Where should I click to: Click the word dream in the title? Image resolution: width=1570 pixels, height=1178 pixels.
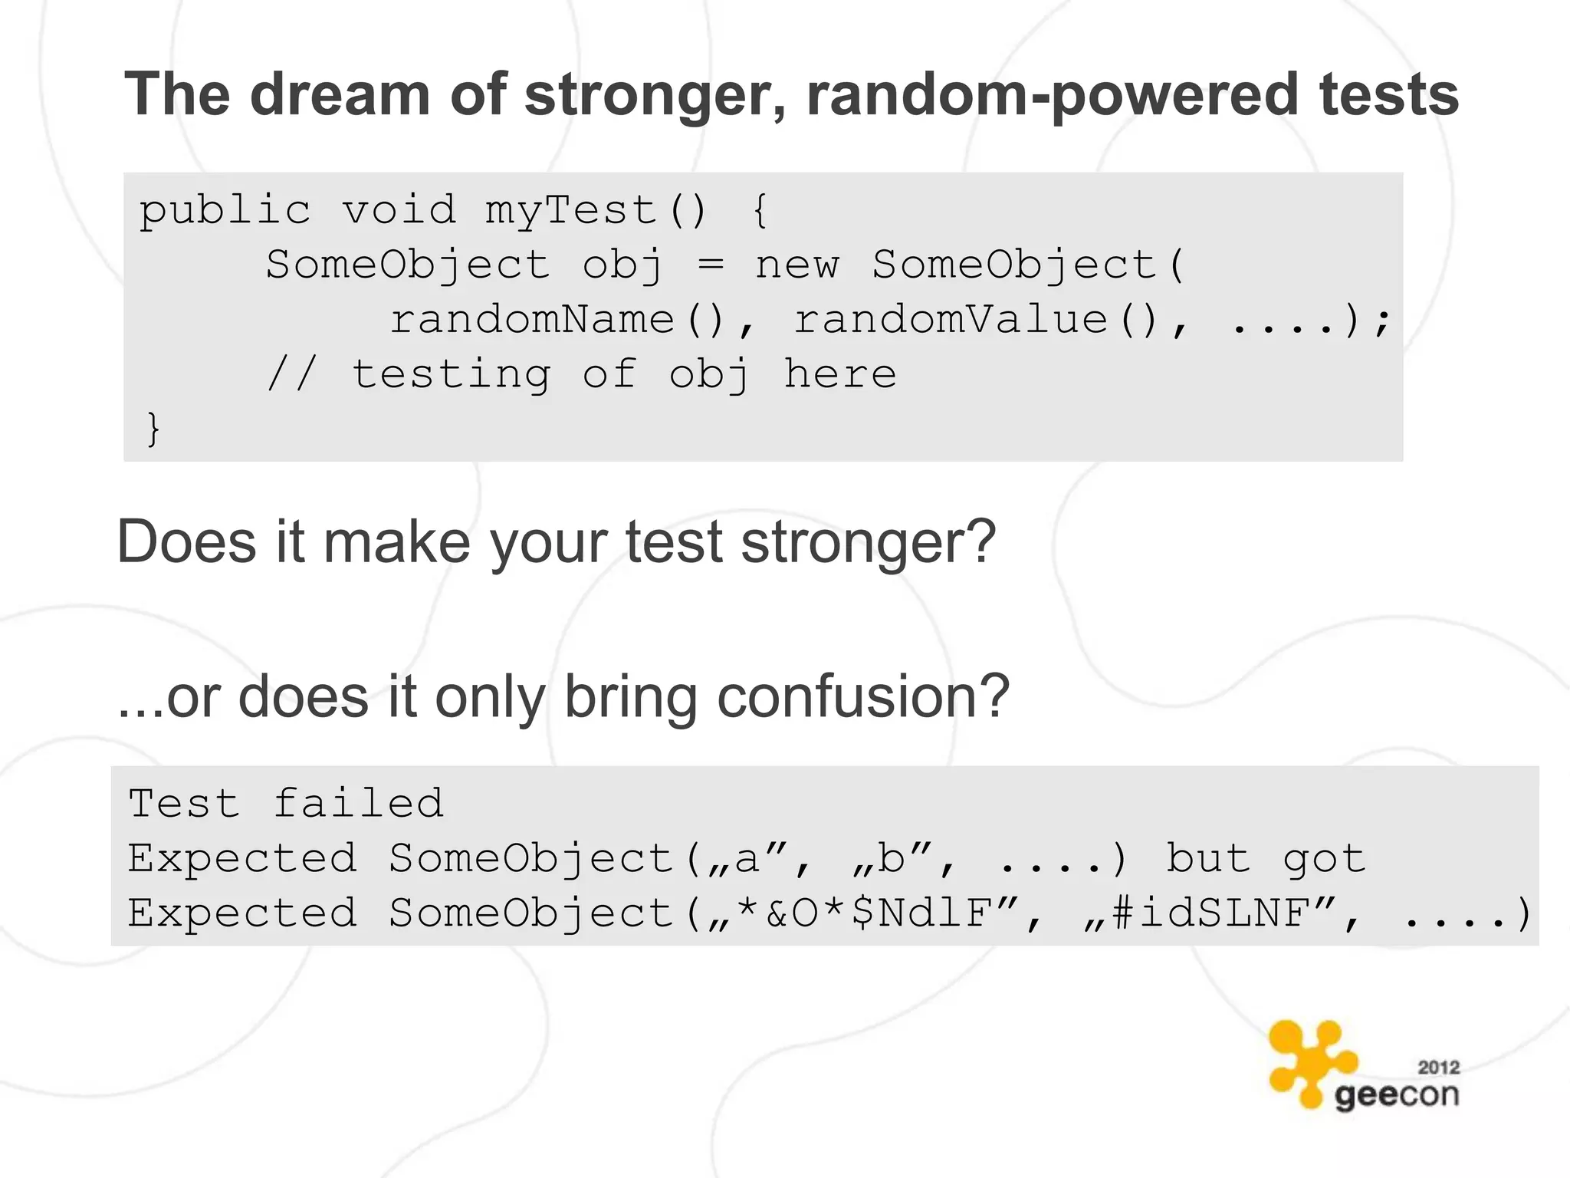click(x=340, y=94)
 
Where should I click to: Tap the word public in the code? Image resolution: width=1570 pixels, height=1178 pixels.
click(x=225, y=211)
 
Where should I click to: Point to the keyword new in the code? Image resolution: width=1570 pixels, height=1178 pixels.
click(x=797, y=265)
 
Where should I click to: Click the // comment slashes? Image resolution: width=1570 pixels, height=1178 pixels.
click(x=291, y=374)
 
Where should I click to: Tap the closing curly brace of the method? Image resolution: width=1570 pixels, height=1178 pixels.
click(x=153, y=428)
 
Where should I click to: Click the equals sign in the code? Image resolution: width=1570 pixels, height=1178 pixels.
click(x=711, y=265)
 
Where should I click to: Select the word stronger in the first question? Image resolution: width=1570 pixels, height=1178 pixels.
click(x=868, y=542)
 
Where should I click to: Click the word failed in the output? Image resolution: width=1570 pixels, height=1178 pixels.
click(x=358, y=804)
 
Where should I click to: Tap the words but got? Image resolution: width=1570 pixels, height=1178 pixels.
click(x=1265, y=858)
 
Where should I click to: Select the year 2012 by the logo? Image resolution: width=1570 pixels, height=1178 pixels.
click(x=1438, y=1067)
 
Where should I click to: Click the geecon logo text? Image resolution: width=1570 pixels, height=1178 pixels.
click(x=1396, y=1095)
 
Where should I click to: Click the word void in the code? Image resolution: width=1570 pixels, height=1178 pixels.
click(x=399, y=211)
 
